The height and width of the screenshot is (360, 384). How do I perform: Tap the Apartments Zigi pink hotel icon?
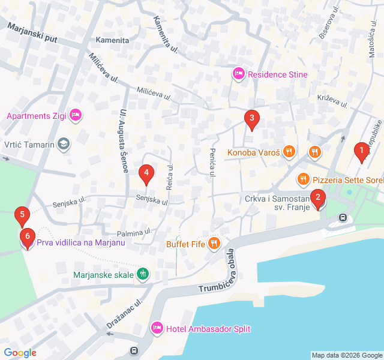pos(75,114)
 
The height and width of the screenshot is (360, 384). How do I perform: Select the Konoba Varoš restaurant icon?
pos(289,152)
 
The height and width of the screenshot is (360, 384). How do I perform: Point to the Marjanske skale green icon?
pos(142,275)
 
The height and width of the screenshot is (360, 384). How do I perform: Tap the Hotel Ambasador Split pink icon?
pos(157,328)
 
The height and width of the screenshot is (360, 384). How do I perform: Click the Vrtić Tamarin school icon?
pos(64,144)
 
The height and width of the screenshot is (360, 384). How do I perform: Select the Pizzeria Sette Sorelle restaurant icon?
pos(304,179)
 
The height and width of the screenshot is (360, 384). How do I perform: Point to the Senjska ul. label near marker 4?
pos(152,200)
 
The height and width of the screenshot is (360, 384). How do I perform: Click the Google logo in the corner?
pos(20,353)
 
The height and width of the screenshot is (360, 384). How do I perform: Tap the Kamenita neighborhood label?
pos(112,40)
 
